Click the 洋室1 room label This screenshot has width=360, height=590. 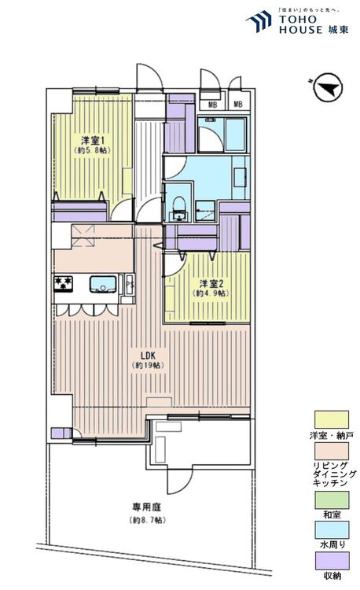click(x=93, y=141)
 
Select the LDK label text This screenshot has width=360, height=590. click(x=148, y=356)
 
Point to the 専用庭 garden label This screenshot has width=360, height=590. click(x=146, y=507)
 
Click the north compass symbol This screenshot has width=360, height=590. click(x=327, y=87)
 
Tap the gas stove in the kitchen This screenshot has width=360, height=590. click(x=63, y=284)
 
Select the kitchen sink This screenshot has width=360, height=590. click(x=103, y=284)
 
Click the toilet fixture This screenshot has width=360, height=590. click(x=178, y=209)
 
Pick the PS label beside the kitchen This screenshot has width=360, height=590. click(x=130, y=285)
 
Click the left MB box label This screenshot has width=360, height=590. click(x=213, y=105)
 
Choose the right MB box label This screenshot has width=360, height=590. click(x=238, y=104)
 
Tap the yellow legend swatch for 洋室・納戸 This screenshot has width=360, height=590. click(x=332, y=419)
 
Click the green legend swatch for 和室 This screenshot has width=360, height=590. click(x=332, y=500)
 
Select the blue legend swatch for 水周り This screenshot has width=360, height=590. click(x=332, y=529)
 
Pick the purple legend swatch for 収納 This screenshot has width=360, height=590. click(x=332, y=561)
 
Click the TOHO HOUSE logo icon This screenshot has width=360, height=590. click(x=259, y=22)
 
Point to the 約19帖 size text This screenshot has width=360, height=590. click(x=148, y=365)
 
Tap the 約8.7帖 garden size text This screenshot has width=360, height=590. click(x=146, y=521)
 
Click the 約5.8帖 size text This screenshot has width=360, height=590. click(x=93, y=150)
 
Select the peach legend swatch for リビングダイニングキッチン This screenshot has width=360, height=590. click(x=332, y=451)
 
